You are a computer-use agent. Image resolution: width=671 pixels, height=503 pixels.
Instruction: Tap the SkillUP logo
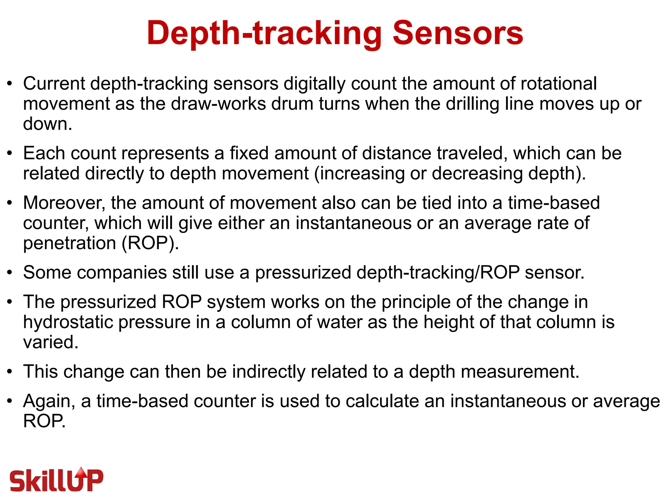tap(56, 480)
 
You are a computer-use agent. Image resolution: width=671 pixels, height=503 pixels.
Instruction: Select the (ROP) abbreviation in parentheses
tap(148, 243)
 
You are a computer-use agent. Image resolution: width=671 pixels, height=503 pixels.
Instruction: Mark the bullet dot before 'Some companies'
tap(10, 272)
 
